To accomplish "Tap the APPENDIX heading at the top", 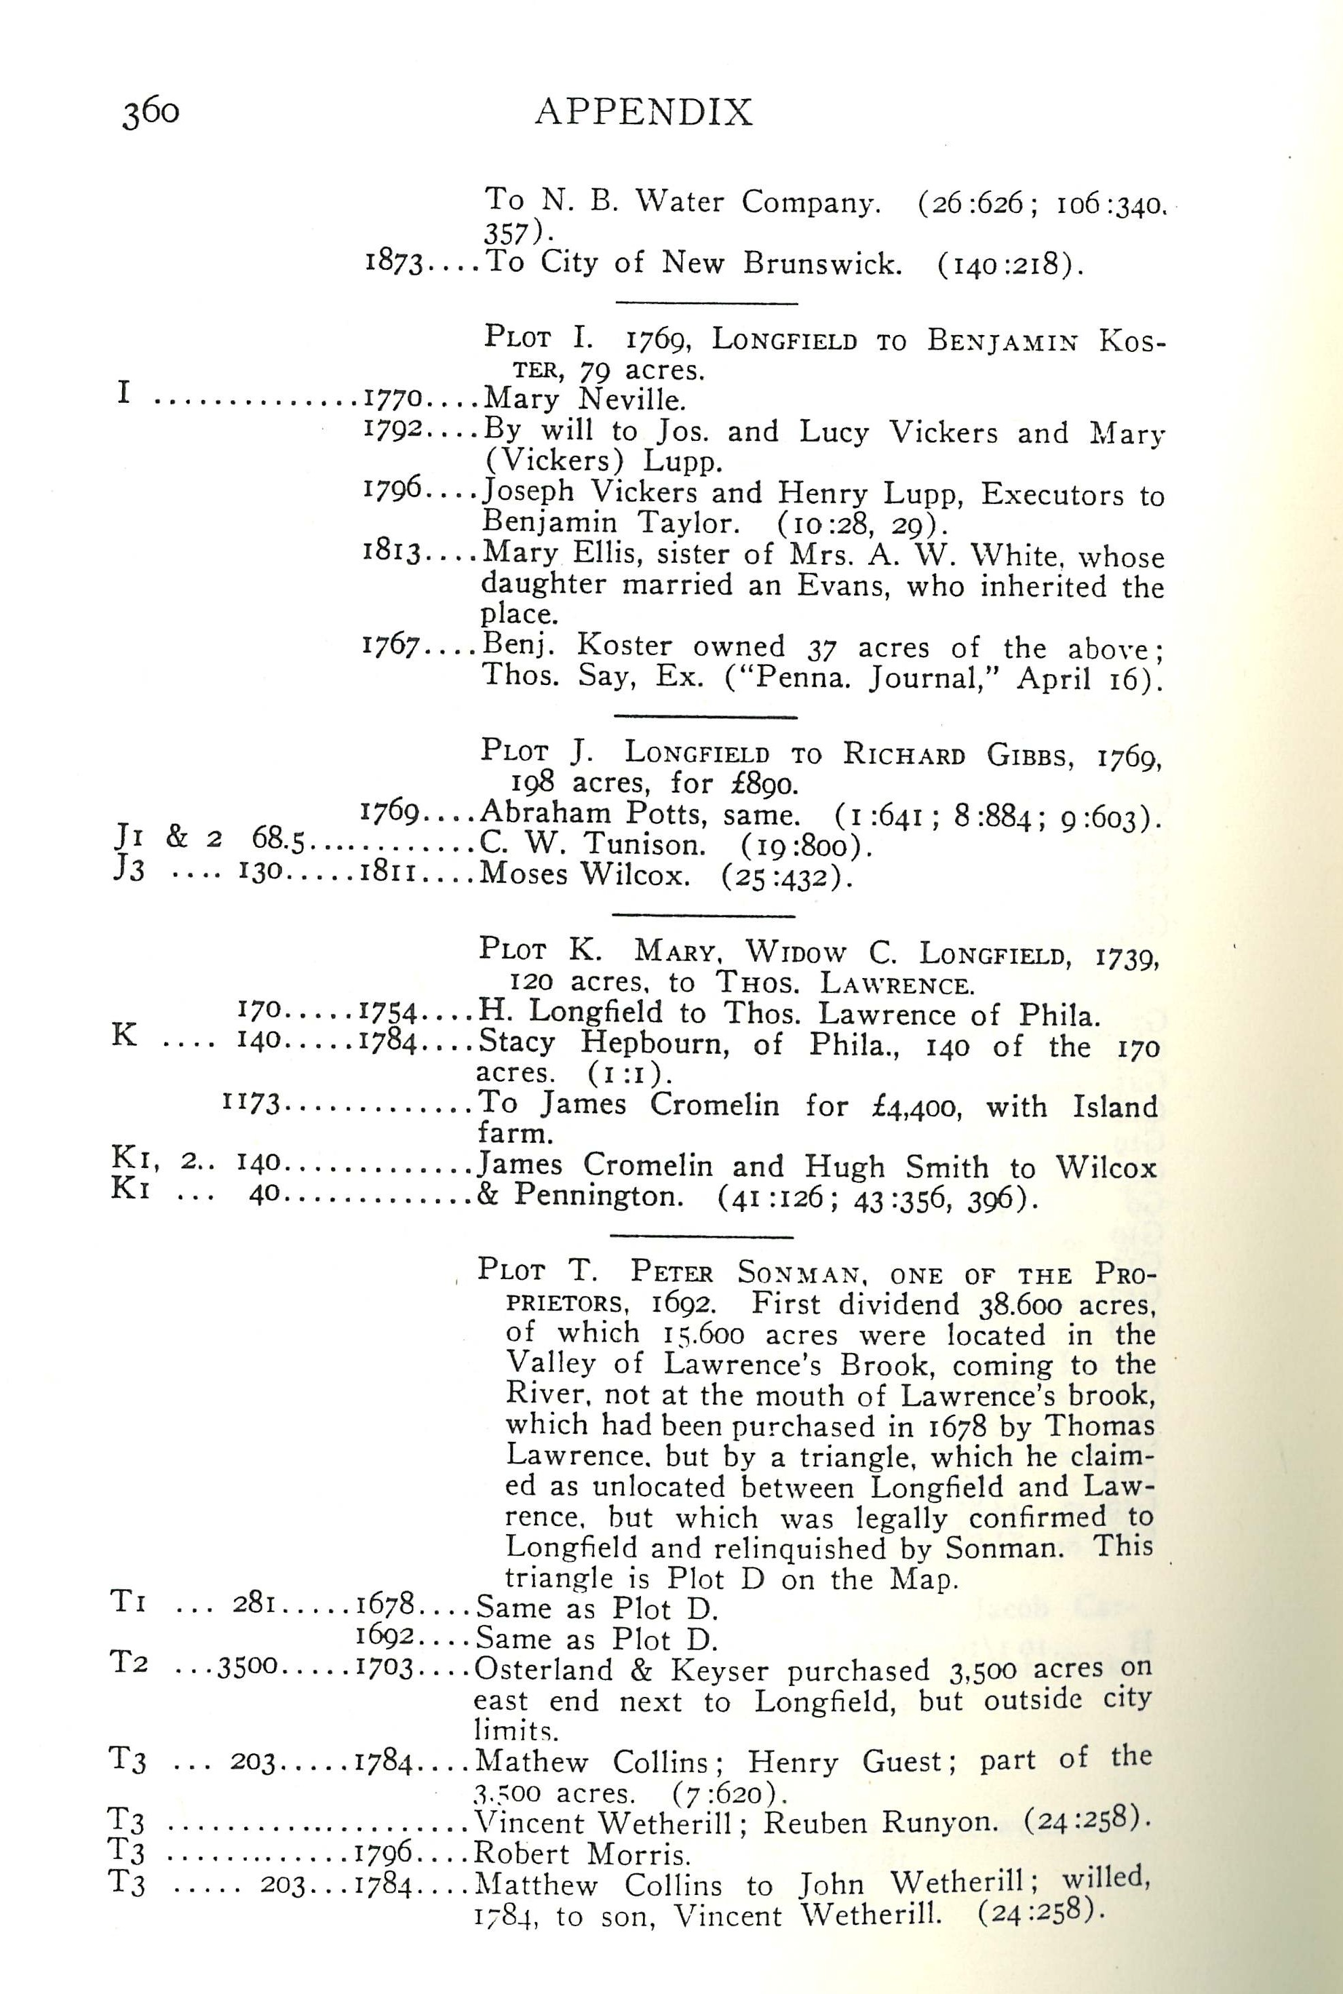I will (644, 112).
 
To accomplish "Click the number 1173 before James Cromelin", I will (251, 1103).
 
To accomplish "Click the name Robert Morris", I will (583, 1854).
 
